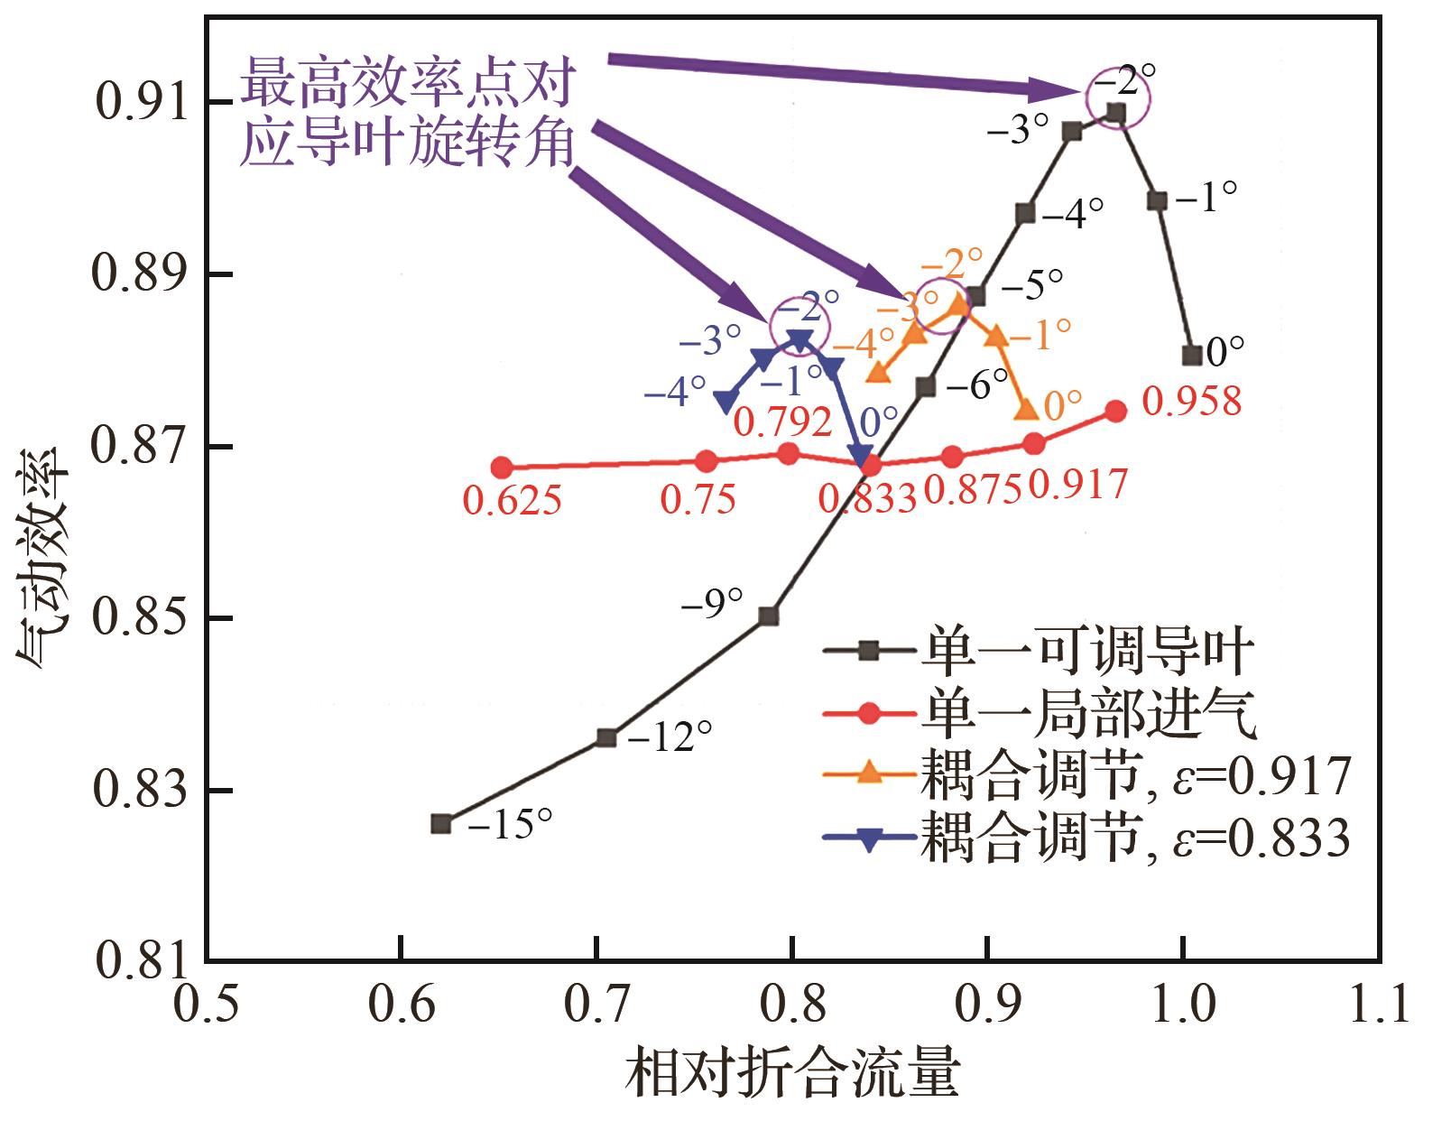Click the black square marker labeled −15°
[x=441, y=823]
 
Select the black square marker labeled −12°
[x=606, y=737]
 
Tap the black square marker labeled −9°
[x=769, y=616]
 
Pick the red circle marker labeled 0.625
[x=503, y=468]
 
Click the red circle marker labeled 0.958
[x=1116, y=412]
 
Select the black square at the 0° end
[x=1192, y=356]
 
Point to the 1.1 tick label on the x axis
[x=1378, y=1005]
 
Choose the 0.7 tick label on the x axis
[x=596, y=1005]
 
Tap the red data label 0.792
[x=781, y=422]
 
